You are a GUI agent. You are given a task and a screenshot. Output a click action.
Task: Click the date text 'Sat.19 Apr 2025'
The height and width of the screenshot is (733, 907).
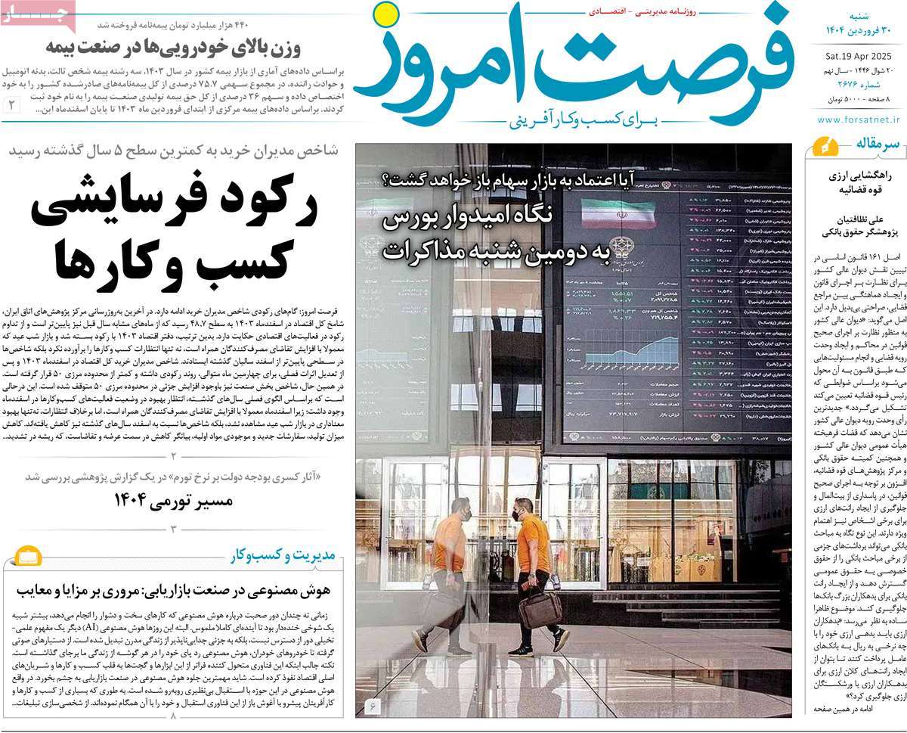(859, 54)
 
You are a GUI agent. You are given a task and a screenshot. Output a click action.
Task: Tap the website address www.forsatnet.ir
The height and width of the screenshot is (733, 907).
(859, 120)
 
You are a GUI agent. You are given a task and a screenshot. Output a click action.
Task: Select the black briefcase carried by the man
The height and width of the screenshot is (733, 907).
(540, 609)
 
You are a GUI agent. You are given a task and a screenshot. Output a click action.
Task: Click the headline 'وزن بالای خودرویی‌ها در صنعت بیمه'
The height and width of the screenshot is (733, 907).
(173, 49)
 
